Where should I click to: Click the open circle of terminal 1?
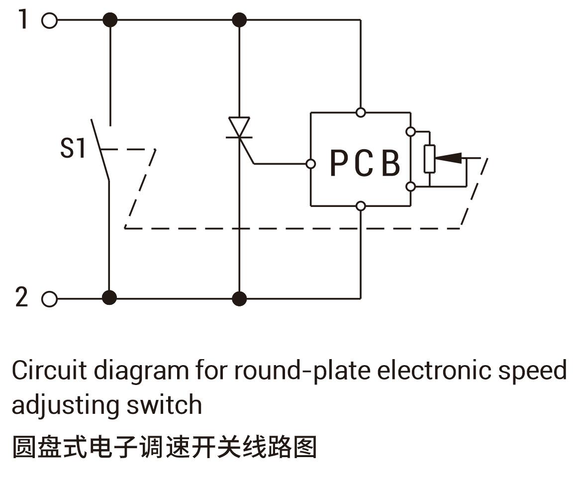pos(50,20)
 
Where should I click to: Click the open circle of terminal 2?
pos(50,299)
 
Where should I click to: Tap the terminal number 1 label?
pos(23,19)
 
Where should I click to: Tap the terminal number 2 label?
pos(21,297)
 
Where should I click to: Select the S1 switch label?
pos(73,148)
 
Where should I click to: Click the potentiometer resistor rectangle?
pos(429,159)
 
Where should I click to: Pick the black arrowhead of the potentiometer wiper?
pos(449,158)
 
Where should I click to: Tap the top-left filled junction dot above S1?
pos(109,20)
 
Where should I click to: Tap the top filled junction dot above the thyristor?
pos(239,20)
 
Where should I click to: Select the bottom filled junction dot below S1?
pos(109,298)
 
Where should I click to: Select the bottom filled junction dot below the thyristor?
pos(239,298)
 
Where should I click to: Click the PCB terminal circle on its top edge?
pos(361,112)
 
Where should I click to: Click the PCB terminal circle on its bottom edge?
pos(361,206)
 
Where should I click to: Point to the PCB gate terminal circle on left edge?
pos(310,164)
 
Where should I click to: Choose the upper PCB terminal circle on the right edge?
pos(411,132)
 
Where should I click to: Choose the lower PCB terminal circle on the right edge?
pos(411,187)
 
